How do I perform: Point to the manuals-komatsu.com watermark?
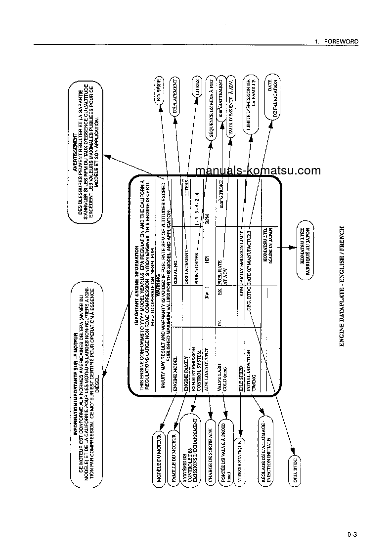(x=258, y=171)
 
